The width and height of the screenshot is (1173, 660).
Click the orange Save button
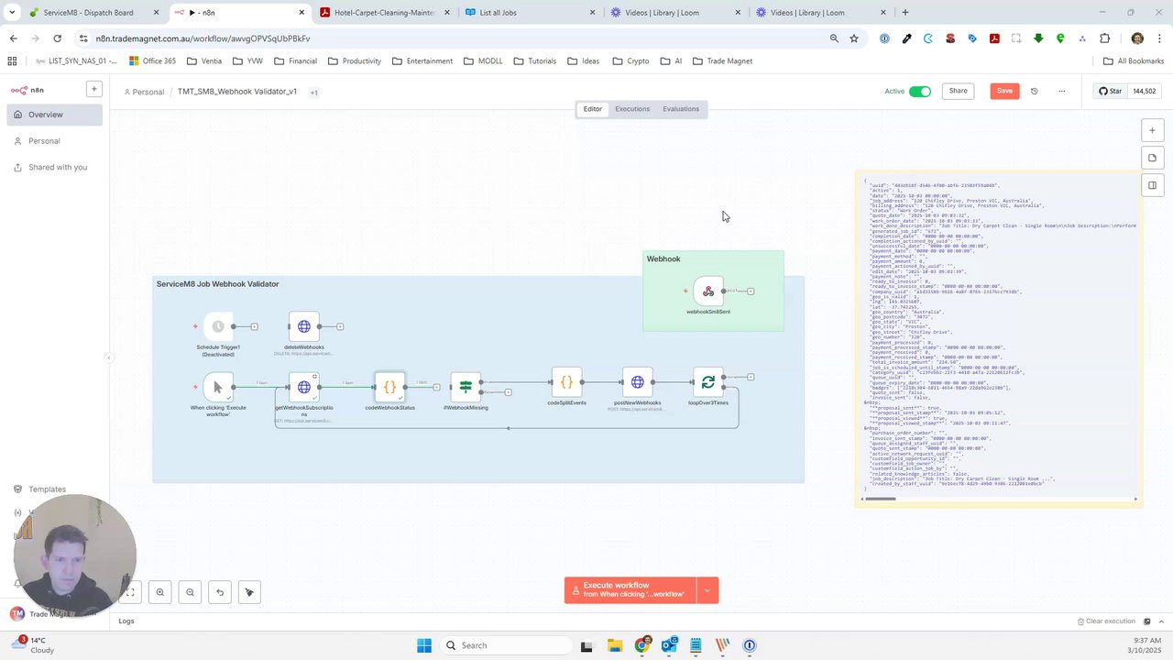pyautogui.click(x=1004, y=91)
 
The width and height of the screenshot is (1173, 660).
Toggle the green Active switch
pyautogui.click(x=920, y=91)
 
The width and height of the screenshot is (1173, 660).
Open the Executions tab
pyautogui.click(x=632, y=109)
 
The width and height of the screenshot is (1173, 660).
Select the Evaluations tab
pyautogui.click(x=680, y=109)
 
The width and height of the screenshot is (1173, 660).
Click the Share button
pyautogui.click(x=958, y=91)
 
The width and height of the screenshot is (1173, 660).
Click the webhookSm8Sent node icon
pyautogui.click(x=708, y=291)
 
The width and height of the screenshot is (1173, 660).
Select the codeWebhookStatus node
pyautogui.click(x=389, y=387)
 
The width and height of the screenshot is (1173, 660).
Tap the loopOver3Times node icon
pyautogui.click(x=707, y=382)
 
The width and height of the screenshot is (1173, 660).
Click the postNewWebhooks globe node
pyautogui.click(x=638, y=382)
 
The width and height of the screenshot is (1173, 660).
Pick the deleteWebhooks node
pyautogui.click(x=304, y=326)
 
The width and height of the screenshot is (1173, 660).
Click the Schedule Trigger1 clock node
pyautogui.click(x=218, y=326)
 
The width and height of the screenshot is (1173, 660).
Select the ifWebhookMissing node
pyautogui.click(x=466, y=387)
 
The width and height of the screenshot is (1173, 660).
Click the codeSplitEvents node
pyautogui.click(x=566, y=382)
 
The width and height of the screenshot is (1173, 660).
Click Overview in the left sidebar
pyautogui.click(x=46, y=115)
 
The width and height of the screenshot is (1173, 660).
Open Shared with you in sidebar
pyautogui.click(x=58, y=167)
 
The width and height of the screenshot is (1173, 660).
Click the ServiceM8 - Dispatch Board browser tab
pyautogui.click(x=88, y=13)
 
